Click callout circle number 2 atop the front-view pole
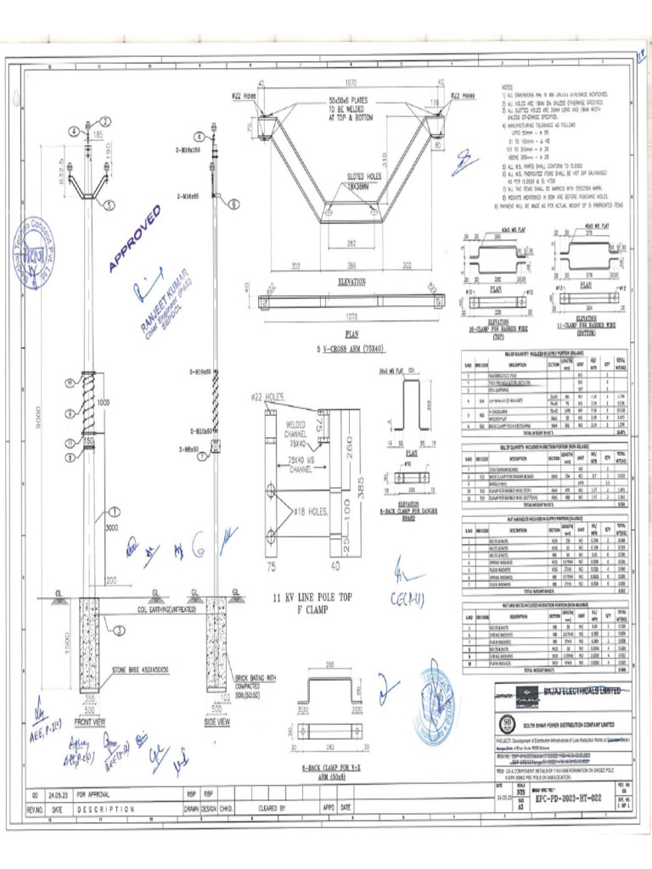pos(106,121)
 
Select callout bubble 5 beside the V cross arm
pos(110,205)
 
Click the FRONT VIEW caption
pos(90,721)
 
